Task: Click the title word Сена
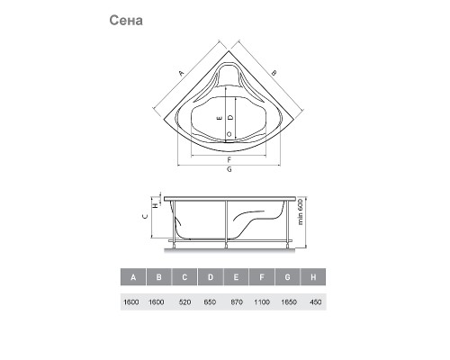coord(126,21)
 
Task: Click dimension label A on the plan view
coord(181,73)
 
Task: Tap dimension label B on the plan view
coord(274,73)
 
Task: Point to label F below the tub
coord(229,159)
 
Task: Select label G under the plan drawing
coord(229,169)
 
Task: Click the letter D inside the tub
coord(230,117)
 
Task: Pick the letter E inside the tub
coord(220,118)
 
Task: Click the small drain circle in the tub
coord(229,134)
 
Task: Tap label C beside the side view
coord(145,216)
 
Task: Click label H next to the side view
coord(156,205)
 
